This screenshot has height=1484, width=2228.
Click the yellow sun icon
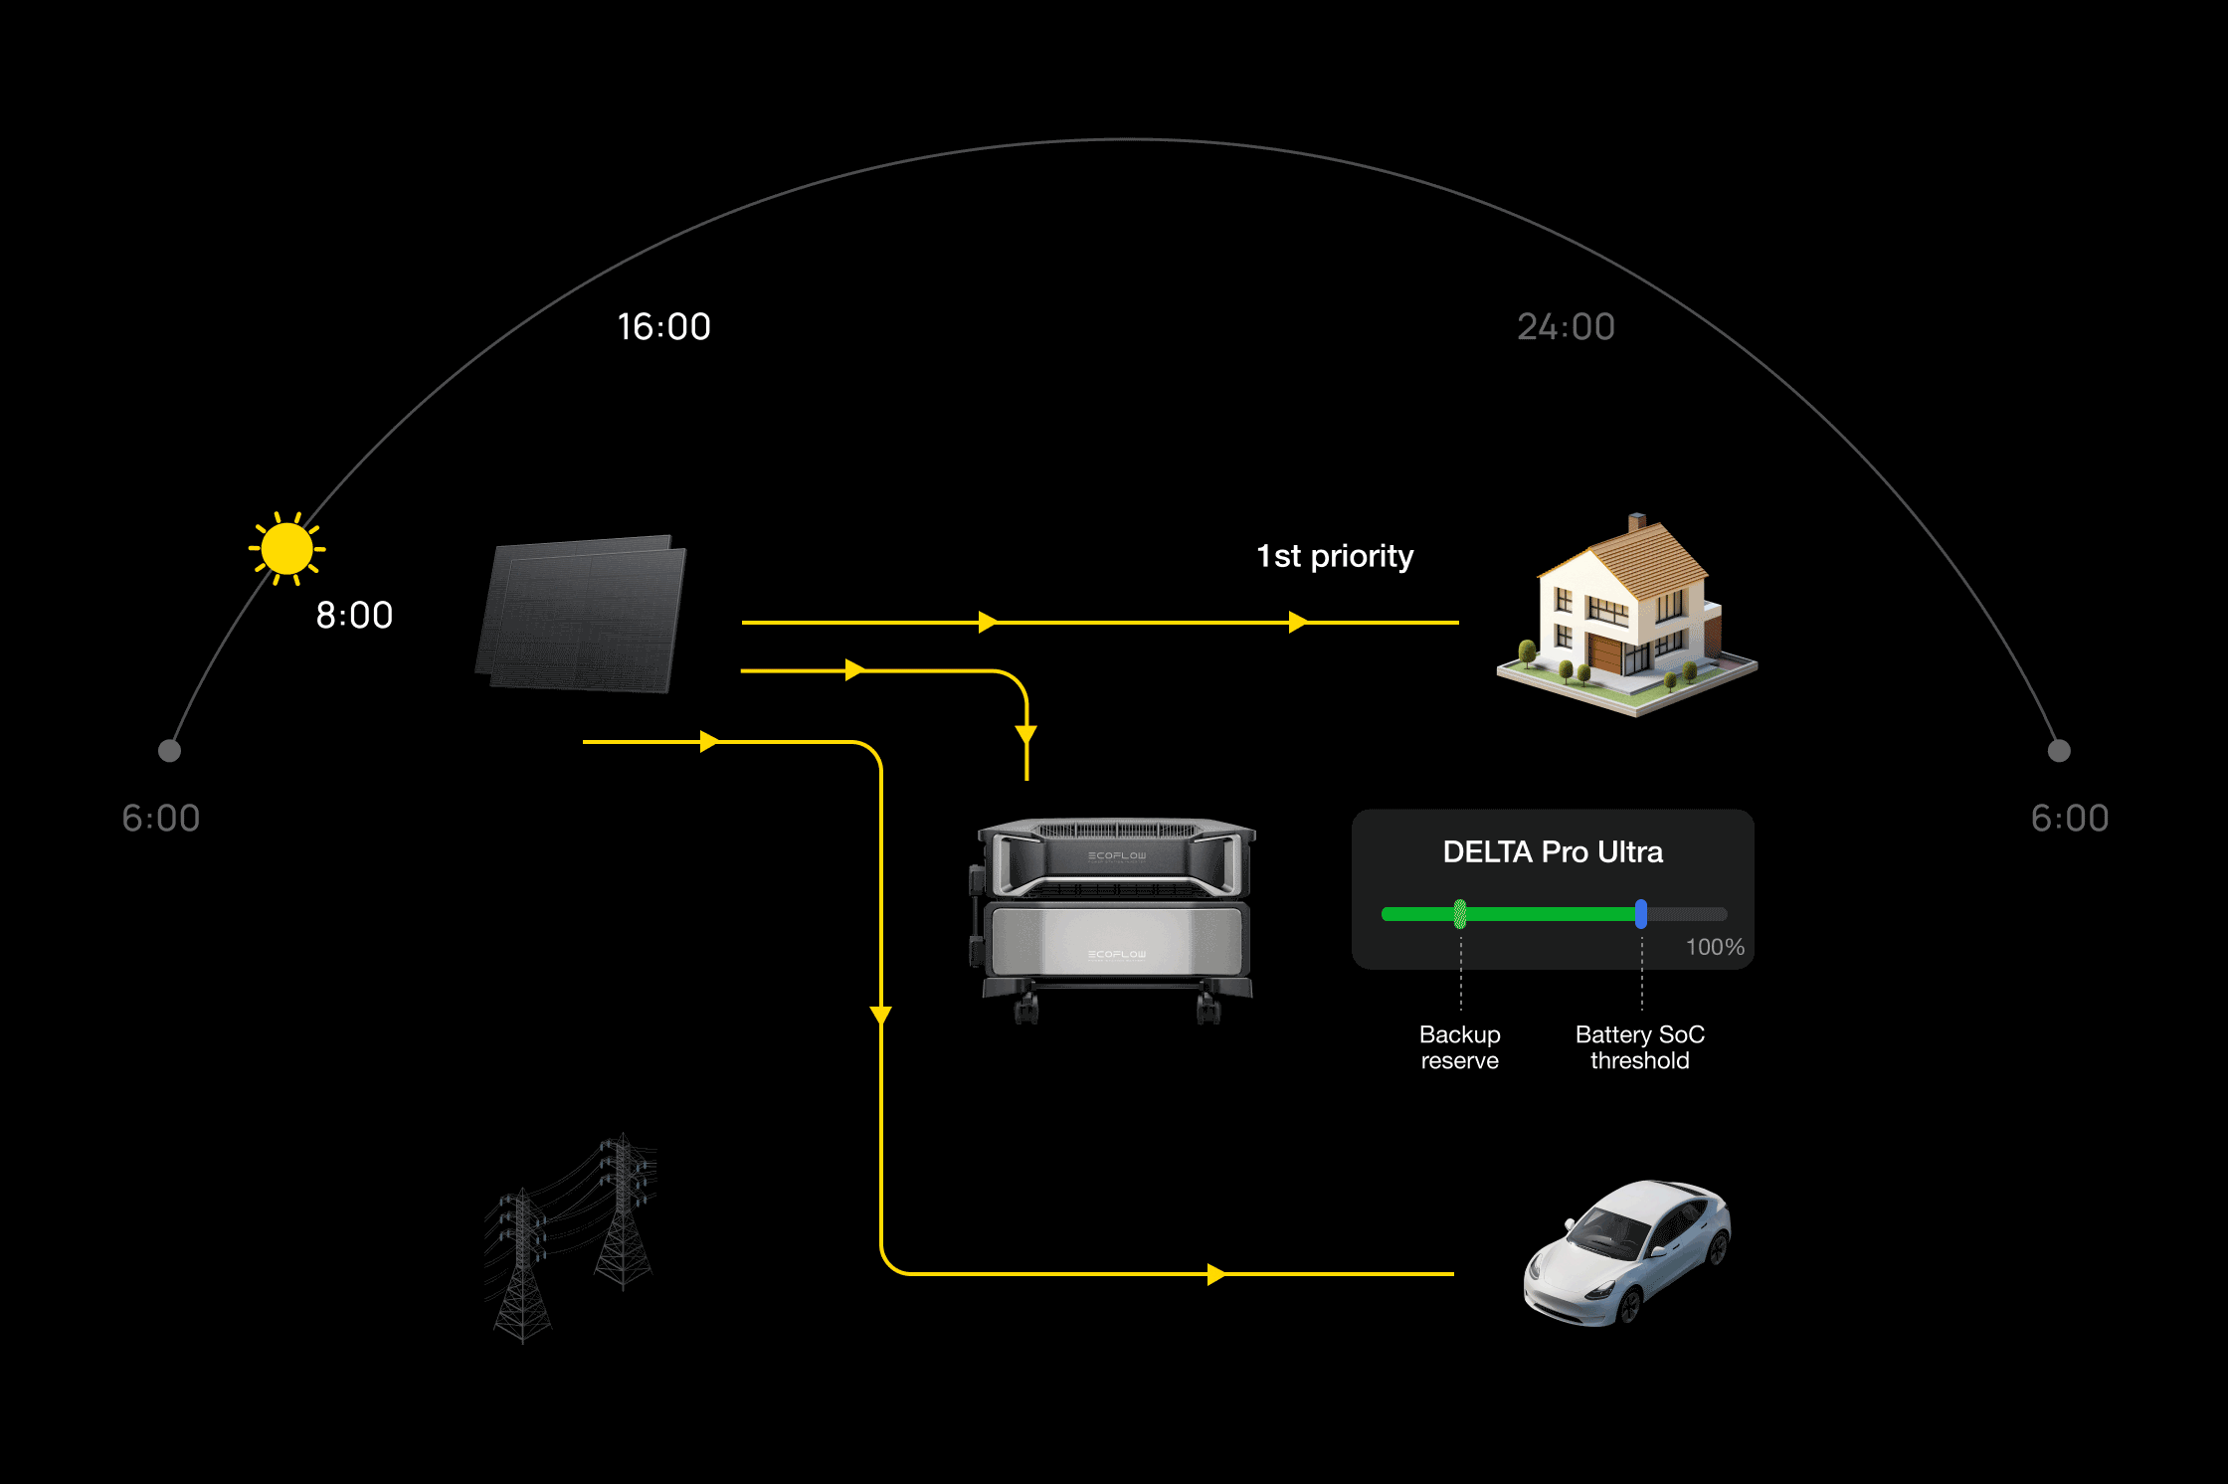coord(286,548)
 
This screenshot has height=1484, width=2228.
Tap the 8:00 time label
coord(354,615)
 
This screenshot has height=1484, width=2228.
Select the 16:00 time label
coord(663,326)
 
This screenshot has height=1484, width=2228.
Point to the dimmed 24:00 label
coord(1566,326)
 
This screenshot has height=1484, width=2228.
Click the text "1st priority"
coord(1335,556)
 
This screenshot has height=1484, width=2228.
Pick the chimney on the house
coord(1636,522)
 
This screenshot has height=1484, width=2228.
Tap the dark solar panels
coord(583,614)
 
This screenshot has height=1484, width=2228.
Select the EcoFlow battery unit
coord(1114,915)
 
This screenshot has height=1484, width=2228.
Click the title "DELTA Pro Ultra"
coord(1553,852)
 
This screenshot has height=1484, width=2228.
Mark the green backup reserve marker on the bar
coord(1460,913)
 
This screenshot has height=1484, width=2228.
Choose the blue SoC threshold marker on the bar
coord(1640,913)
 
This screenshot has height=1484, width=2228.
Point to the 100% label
coord(1715,947)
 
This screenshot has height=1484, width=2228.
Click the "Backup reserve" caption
coord(1459,1047)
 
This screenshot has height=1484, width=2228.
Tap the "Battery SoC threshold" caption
coord(1639,1047)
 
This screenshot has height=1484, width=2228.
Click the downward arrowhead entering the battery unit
coord(1026,735)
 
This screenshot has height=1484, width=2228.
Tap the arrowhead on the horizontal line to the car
coord(1215,1274)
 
